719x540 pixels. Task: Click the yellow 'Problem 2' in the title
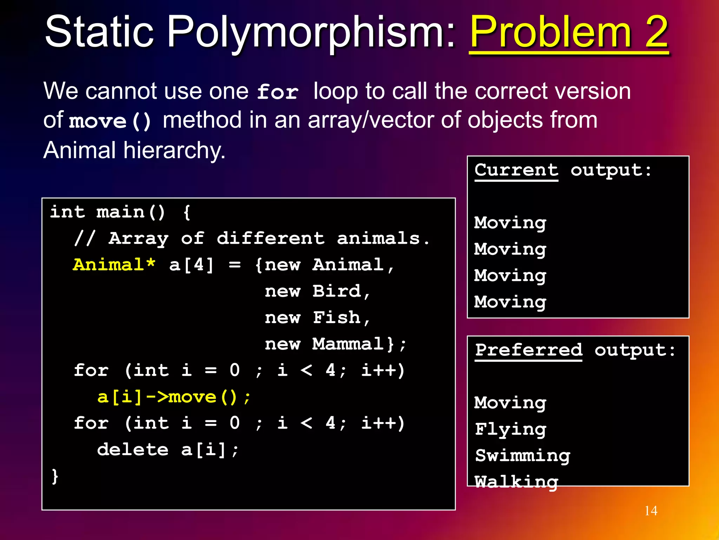[x=569, y=32]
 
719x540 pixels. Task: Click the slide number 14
[x=651, y=510]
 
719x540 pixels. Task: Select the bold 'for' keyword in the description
[x=278, y=92]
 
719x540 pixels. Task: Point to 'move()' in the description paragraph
[x=110, y=121]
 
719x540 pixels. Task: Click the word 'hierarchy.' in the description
[x=174, y=150]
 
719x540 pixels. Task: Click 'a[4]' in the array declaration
[x=191, y=265]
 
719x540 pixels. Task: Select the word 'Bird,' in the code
[x=341, y=291]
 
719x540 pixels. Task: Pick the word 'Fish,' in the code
[x=341, y=318]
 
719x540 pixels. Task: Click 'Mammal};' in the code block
[x=359, y=344]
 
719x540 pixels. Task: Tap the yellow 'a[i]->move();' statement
[x=174, y=397]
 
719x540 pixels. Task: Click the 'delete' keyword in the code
[x=133, y=450]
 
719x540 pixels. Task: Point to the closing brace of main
[x=55, y=476]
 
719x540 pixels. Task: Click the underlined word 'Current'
[x=516, y=171]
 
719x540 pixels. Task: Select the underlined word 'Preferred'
[x=528, y=350]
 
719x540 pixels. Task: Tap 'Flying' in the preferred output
[x=510, y=429]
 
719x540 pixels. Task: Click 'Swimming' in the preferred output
[x=522, y=456]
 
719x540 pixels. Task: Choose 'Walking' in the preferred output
[x=516, y=482]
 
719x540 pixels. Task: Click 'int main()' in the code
[x=107, y=212]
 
